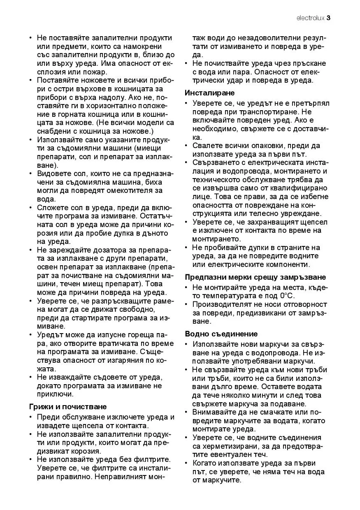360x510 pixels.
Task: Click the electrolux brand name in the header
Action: click(310, 18)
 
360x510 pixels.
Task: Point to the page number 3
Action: click(329, 18)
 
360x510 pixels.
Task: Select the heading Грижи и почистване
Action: click(68, 407)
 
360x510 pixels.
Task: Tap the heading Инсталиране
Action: click(209, 93)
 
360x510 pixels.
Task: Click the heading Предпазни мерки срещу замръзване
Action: click(255, 277)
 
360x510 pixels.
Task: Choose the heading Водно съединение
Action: click(221, 334)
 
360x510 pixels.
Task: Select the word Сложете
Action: click(52, 207)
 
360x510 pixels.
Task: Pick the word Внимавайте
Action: click(216, 412)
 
